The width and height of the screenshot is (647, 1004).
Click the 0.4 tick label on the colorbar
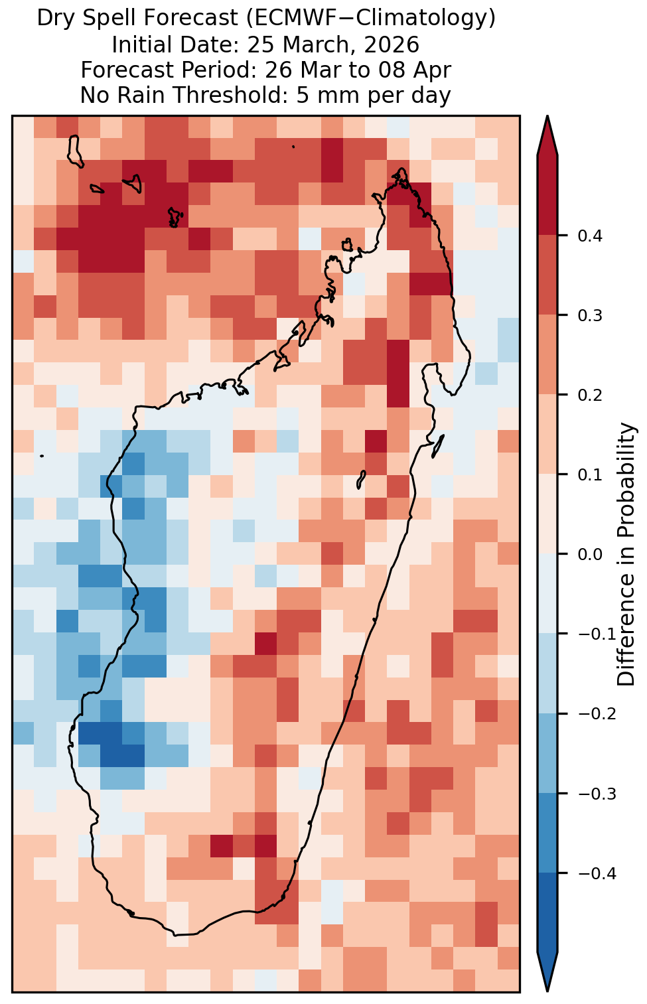(590, 236)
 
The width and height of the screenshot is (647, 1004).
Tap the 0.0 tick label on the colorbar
(590, 555)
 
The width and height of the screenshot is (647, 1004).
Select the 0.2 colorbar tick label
(590, 395)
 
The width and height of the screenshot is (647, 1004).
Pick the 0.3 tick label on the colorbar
(590, 315)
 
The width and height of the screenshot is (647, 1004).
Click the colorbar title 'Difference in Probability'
(626, 554)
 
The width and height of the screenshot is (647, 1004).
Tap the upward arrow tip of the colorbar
(547, 116)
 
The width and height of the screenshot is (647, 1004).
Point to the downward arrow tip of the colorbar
(547, 991)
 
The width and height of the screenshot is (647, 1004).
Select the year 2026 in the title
(392, 45)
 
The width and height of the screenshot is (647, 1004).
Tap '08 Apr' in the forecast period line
(415, 70)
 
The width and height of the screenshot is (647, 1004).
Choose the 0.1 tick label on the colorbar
(590, 474)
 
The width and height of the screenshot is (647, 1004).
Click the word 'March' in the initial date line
(319, 45)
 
